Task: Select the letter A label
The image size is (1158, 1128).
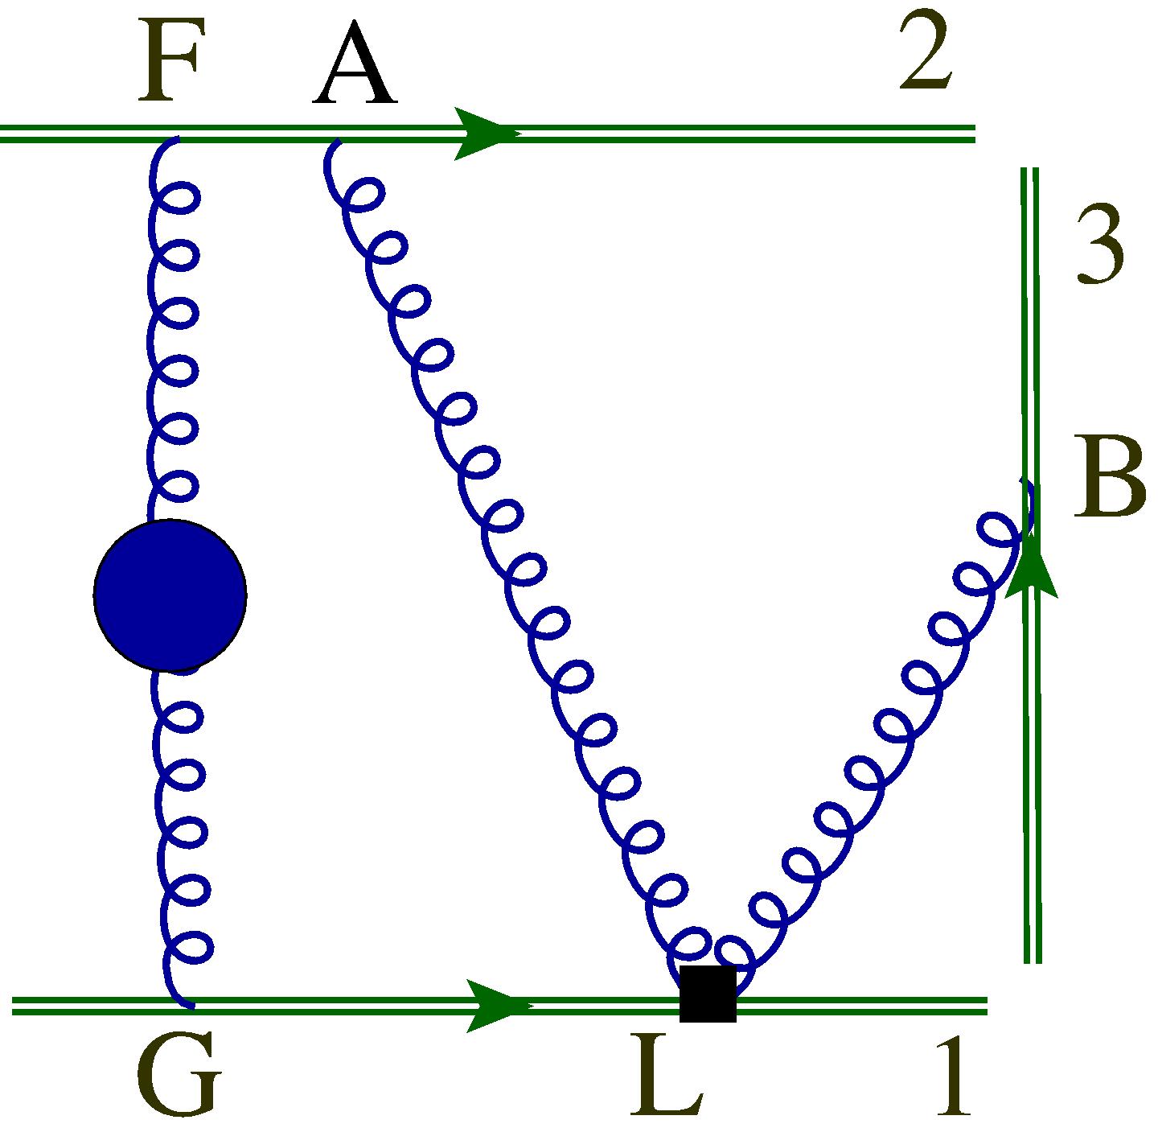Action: (x=355, y=68)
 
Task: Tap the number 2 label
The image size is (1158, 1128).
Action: (x=926, y=54)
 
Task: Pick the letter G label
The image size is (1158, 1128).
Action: (x=177, y=1076)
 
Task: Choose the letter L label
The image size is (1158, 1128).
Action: (x=667, y=1076)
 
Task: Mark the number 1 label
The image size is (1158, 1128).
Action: (x=955, y=1076)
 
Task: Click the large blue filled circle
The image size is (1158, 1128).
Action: (x=170, y=595)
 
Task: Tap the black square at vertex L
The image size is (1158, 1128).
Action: (x=708, y=994)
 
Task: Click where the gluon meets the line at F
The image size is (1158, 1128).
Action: (x=173, y=138)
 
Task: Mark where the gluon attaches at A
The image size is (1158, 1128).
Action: (x=338, y=141)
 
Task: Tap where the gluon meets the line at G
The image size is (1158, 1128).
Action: (x=190, y=1003)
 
